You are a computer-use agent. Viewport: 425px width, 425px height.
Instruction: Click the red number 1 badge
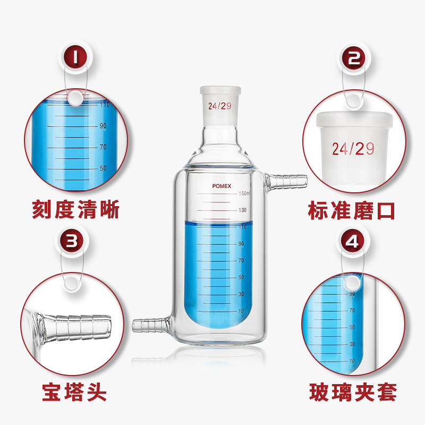(x=75, y=57)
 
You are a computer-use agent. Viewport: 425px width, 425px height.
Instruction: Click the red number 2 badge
(x=354, y=58)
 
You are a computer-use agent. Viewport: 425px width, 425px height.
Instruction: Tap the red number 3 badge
(x=72, y=241)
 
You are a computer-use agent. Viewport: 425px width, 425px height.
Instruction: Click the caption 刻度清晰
(x=76, y=209)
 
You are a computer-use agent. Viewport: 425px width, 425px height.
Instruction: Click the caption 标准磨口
(x=351, y=210)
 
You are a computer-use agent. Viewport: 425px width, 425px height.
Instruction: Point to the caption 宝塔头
(x=74, y=392)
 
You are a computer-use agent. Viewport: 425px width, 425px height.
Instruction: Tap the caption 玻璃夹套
(x=353, y=392)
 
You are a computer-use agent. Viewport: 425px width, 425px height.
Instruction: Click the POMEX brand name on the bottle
(x=222, y=186)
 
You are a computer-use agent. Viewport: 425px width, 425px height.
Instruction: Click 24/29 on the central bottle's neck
(x=220, y=106)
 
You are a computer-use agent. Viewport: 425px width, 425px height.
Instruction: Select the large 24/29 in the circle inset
(x=353, y=149)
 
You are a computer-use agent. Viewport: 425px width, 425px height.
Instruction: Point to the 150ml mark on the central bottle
(x=244, y=193)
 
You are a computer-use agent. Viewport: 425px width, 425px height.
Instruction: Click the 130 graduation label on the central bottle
(x=243, y=210)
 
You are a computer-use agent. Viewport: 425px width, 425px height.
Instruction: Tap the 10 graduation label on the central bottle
(x=241, y=311)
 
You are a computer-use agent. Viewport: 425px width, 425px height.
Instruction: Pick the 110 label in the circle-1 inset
(x=105, y=104)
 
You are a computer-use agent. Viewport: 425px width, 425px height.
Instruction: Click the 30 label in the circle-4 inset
(x=352, y=344)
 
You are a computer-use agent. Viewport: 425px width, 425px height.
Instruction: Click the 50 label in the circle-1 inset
(x=103, y=168)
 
